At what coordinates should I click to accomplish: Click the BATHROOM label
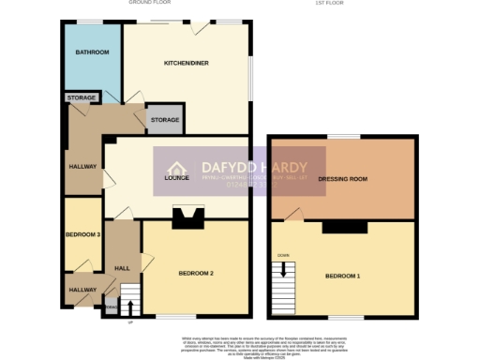click(x=92, y=52)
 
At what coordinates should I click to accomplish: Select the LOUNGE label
click(x=177, y=177)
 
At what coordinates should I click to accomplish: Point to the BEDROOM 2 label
click(x=197, y=273)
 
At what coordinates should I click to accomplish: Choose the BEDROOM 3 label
click(x=82, y=234)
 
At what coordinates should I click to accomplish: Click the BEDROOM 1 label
click(x=343, y=277)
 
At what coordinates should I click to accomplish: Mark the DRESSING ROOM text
click(x=342, y=177)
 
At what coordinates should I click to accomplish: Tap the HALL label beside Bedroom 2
click(x=122, y=267)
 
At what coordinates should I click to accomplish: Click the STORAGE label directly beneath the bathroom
click(x=82, y=97)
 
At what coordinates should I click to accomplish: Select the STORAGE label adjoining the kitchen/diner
click(x=165, y=120)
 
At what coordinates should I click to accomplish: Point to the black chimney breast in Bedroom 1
click(x=341, y=227)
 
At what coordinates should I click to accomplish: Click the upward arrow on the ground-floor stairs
click(x=129, y=305)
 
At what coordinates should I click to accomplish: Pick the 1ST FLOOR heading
click(x=331, y=4)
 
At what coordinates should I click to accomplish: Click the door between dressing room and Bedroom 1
click(x=293, y=217)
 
